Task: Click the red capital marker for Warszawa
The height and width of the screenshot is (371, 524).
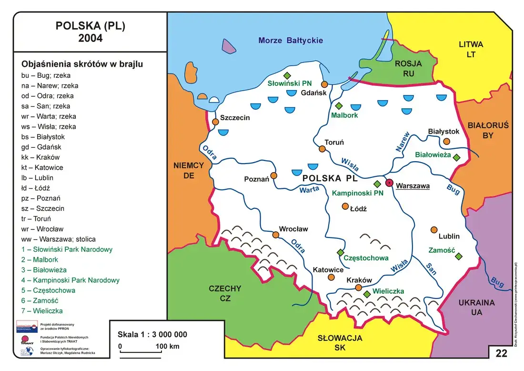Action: pyautogui.click(x=389, y=183)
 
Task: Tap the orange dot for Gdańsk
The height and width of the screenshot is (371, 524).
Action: pyautogui.click(x=324, y=84)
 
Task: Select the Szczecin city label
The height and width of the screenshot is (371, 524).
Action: pyautogui.click(x=234, y=118)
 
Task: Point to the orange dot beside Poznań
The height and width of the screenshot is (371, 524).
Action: pyautogui.click(x=273, y=175)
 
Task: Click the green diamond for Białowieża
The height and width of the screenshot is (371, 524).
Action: pyautogui.click(x=456, y=157)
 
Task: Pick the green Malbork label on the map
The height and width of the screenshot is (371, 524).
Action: pyautogui.click(x=344, y=115)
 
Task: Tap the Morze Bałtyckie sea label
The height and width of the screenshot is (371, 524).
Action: pyautogui.click(x=291, y=41)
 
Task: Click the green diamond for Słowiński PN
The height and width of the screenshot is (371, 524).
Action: pyautogui.click(x=287, y=75)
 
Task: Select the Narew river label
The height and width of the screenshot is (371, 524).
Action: pyautogui.click(x=402, y=142)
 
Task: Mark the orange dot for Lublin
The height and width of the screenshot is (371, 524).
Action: pyautogui.click(x=433, y=229)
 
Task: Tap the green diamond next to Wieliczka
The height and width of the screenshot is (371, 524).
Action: pyautogui.click(x=367, y=294)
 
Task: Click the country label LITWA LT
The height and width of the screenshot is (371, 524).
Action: pyautogui.click(x=471, y=49)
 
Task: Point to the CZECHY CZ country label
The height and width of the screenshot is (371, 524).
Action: pyautogui.click(x=225, y=293)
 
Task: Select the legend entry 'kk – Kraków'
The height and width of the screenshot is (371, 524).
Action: pyautogui.click(x=40, y=157)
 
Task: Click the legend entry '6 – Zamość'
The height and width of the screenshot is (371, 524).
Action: pyautogui.click(x=40, y=300)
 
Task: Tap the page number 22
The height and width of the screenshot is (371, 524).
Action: pyautogui.click(x=502, y=353)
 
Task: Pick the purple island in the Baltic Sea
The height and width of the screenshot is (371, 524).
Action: pyautogui.click(x=230, y=47)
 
